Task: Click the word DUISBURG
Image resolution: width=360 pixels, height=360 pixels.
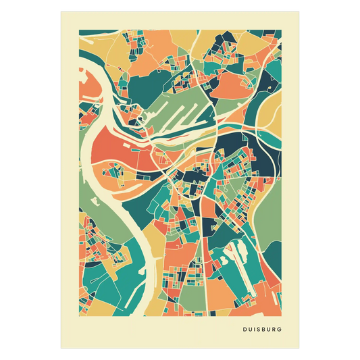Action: pos(261,330)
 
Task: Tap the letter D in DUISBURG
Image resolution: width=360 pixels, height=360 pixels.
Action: pos(244,330)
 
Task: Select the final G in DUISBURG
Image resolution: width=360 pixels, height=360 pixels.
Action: pos(280,330)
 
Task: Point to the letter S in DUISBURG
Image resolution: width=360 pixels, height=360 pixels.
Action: pos(257,330)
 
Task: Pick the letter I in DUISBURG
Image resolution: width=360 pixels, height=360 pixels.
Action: pos(253,330)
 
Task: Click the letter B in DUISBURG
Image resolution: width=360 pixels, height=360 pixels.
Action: pos(262,330)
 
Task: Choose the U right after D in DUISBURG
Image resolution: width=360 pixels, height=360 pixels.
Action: pos(249,330)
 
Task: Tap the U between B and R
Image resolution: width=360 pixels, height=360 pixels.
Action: pos(267,330)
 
